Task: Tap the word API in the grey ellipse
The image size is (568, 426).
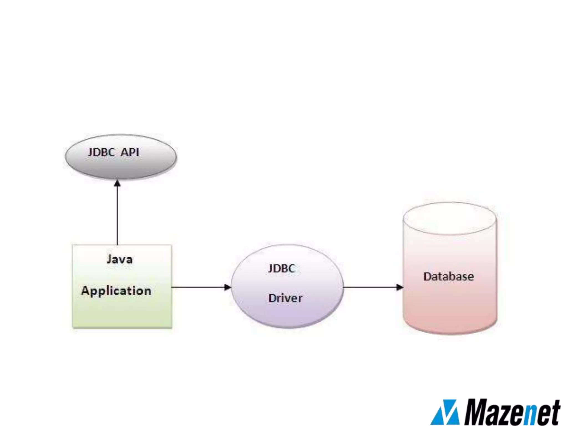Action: point(130,152)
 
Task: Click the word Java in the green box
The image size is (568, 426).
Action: point(120,259)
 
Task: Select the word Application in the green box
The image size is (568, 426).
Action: point(116,291)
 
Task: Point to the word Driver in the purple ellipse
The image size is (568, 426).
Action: point(285,298)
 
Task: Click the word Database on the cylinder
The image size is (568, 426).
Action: point(448,277)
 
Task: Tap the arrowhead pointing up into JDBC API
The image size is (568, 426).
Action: point(117,183)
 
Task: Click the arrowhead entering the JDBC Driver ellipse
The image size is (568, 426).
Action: point(228,287)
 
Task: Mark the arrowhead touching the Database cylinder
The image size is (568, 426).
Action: point(400,287)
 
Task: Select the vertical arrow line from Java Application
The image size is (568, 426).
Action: point(117,216)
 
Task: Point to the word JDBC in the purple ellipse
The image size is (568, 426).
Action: point(281,268)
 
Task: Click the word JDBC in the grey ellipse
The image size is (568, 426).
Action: point(101,152)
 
